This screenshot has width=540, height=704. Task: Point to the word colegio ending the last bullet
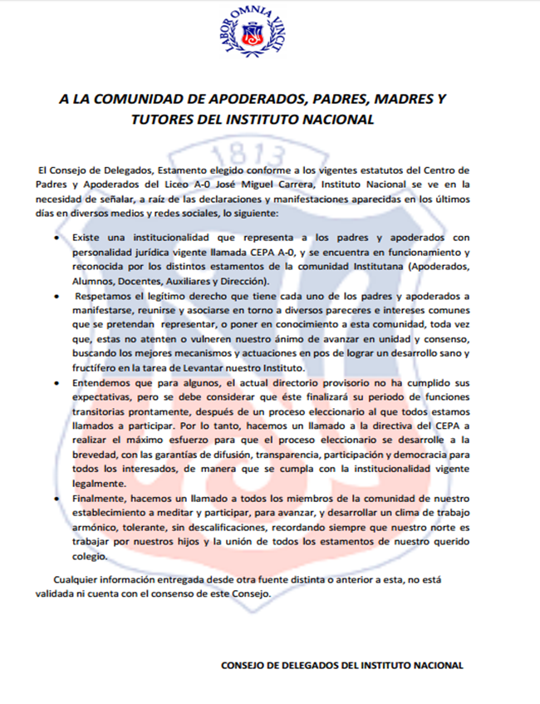coord(91,557)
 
